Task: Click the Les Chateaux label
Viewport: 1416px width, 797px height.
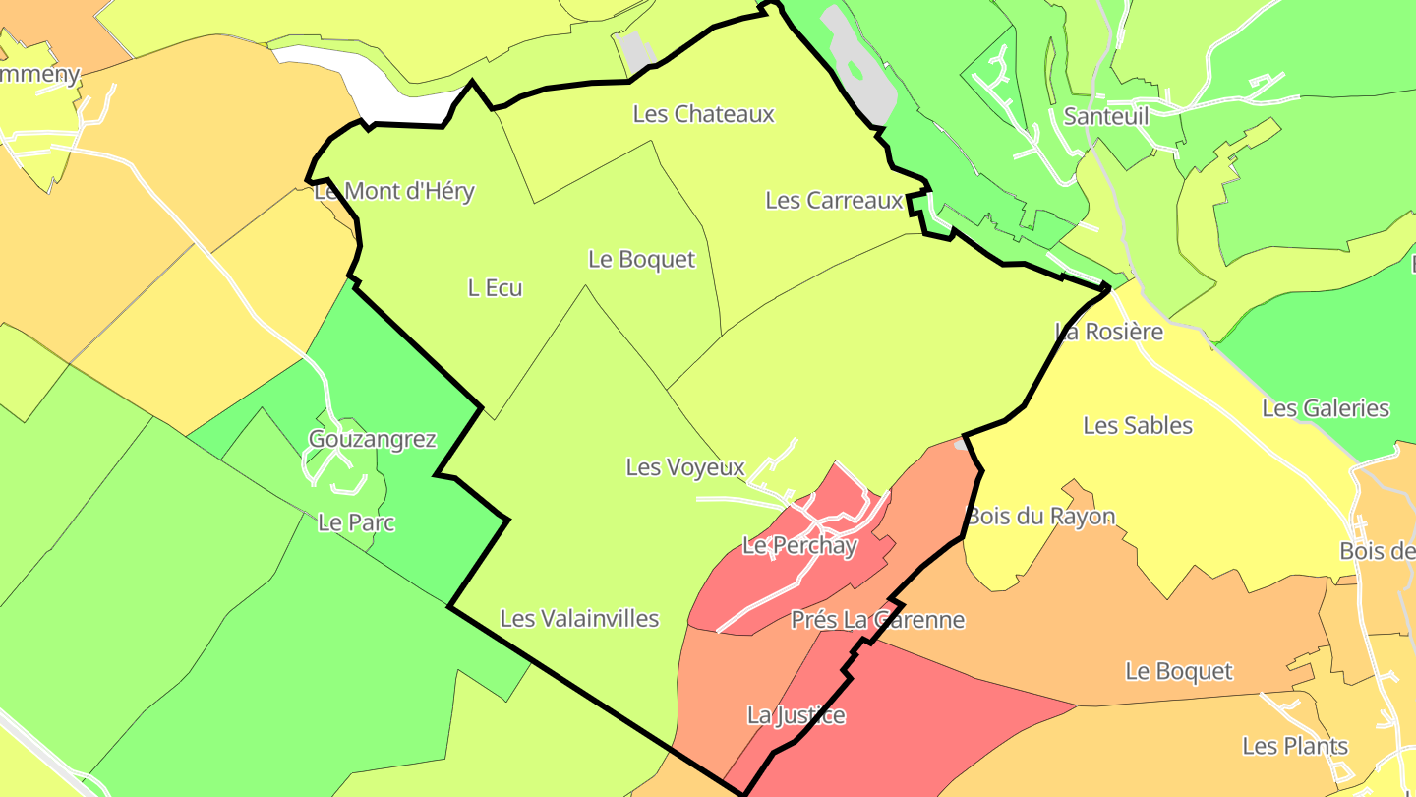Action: [x=703, y=114]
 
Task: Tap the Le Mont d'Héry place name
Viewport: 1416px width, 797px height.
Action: [x=394, y=191]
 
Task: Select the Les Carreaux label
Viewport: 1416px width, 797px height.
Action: [x=834, y=201]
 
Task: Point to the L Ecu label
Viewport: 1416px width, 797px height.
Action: [x=495, y=288]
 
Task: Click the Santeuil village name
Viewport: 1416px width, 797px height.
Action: [x=1106, y=116]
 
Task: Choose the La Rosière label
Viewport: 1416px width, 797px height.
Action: [x=1109, y=332]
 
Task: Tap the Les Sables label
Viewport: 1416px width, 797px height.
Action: [x=1138, y=426]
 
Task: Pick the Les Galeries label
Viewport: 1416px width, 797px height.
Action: [x=1326, y=408]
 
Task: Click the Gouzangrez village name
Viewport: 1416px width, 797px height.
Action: [x=372, y=439]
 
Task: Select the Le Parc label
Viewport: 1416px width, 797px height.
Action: [x=356, y=522]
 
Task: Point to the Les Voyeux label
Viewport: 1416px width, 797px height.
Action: [x=685, y=467]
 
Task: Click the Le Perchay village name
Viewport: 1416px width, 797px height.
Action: [x=799, y=545]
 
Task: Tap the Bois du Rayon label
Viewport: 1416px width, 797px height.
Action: [x=1041, y=517]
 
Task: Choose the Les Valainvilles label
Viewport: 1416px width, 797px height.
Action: [x=579, y=619]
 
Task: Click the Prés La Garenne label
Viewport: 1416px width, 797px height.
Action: [x=878, y=620]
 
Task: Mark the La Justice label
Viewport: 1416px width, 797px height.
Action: [x=796, y=715]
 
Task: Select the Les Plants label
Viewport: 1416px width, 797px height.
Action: [x=1295, y=746]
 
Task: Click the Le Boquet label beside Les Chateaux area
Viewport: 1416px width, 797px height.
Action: [x=641, y=260]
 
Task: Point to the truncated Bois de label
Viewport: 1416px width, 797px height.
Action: [x=1377, y=551]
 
